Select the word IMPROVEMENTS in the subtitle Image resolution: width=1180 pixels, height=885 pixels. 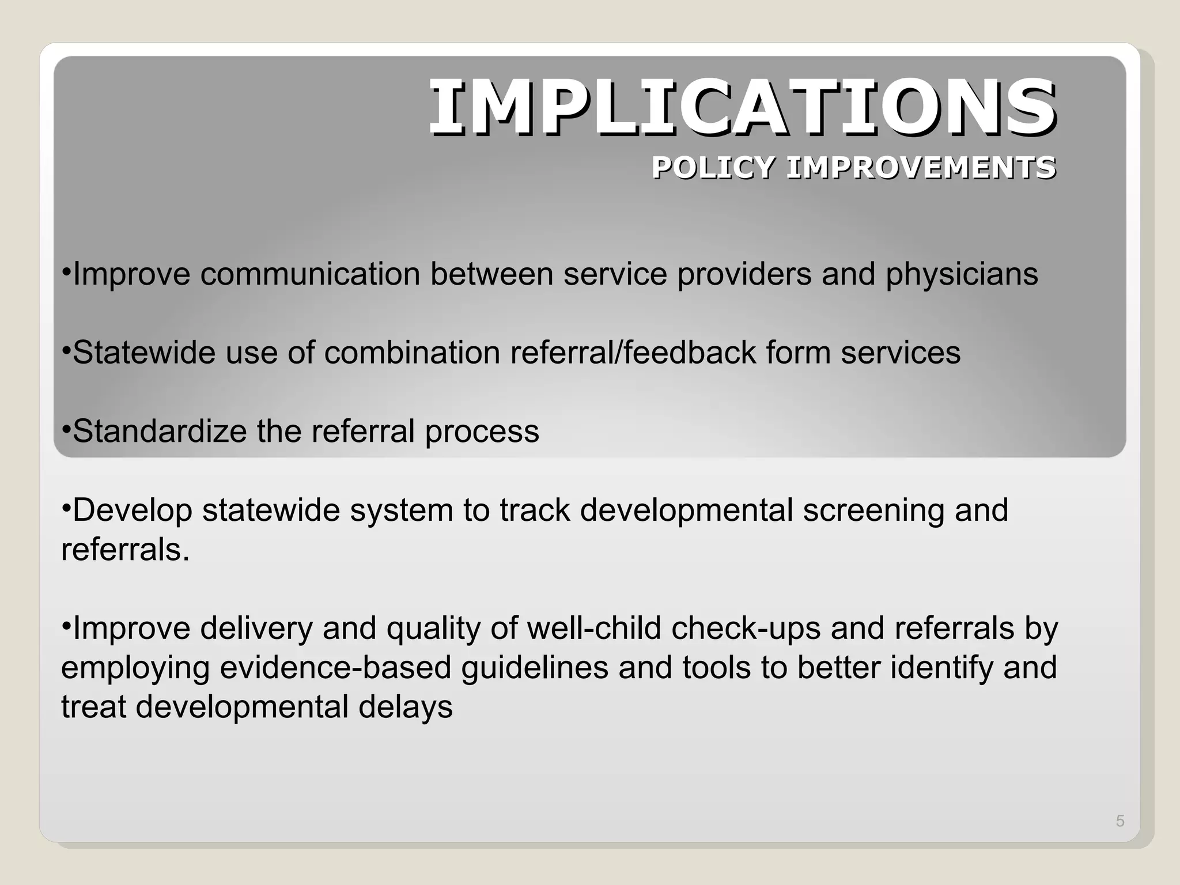[x=921, y=168]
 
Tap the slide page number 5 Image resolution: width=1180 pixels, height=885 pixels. [x=1120, y=821]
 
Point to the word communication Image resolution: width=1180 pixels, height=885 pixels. [x=310, y=274]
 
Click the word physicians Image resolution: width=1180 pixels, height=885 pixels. [x=962, y=275]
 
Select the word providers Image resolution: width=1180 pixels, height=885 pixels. [x=744, y=275]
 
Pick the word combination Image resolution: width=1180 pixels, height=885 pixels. [x=412, y=353]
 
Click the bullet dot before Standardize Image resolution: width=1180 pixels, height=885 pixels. [x=66, y=428]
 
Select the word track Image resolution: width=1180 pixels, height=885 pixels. [x=534, y=510]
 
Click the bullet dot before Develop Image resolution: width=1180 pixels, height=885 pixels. [x=66, y=508]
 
